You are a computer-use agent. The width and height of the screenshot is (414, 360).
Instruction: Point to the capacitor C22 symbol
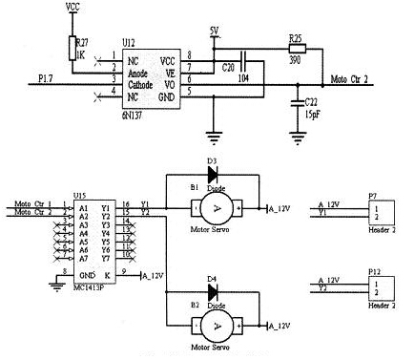pyautogui.click(x=300, y=100)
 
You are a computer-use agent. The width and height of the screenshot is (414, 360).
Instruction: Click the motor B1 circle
pyautogui.click(x=218, y=207)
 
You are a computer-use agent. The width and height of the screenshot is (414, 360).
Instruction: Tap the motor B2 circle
pyautogui.click(x=218, y=326)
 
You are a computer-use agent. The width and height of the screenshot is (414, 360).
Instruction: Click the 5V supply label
pyautogui.click(x=215, y=30)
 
